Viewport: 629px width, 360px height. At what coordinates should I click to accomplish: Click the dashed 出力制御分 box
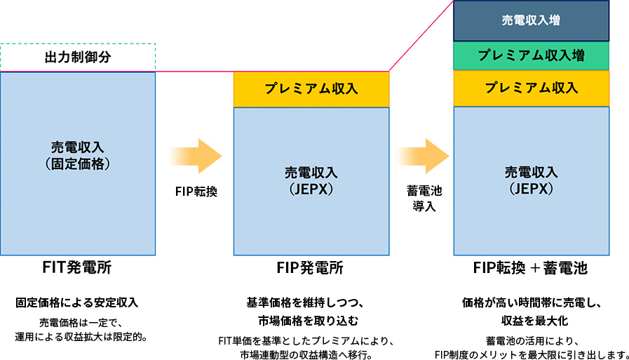[x=77, y=57]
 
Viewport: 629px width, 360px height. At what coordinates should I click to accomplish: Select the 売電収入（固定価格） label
[x=77, y=156]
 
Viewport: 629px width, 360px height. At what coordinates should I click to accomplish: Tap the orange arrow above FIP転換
[x=196, y=156]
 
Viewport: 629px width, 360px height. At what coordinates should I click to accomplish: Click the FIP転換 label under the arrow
[x=196, y=191]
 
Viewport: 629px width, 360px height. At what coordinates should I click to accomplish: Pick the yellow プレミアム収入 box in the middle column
[x=311, y=88]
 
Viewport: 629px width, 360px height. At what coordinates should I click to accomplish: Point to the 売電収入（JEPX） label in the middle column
[x=311, y=180]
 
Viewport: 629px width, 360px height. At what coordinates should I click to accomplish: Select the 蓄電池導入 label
[x=423, y=198]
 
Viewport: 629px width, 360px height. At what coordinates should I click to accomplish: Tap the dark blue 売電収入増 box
[x=531, y=20]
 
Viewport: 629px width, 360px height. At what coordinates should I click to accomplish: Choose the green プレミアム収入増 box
[x=531, y=55]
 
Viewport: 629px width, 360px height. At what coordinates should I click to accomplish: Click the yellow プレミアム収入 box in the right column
[x=531, y=88]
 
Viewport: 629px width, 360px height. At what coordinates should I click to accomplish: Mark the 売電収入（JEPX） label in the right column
[x=531, y=180]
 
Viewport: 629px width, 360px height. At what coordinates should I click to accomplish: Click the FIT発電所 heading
[x=77, y=268]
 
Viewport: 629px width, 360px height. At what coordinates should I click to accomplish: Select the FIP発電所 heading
[x=311, y=268]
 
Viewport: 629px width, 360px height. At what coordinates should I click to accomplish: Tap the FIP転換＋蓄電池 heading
[x=531, y=268]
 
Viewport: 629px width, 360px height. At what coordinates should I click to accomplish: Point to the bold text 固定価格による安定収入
[x=77, y=303]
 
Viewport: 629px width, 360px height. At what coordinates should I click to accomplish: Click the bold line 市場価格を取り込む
[x=311, y=321]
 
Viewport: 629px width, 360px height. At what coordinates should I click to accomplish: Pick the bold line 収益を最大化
[x=531, y=321]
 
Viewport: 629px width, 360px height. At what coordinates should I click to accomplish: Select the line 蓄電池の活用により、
[x=531, y=341]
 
